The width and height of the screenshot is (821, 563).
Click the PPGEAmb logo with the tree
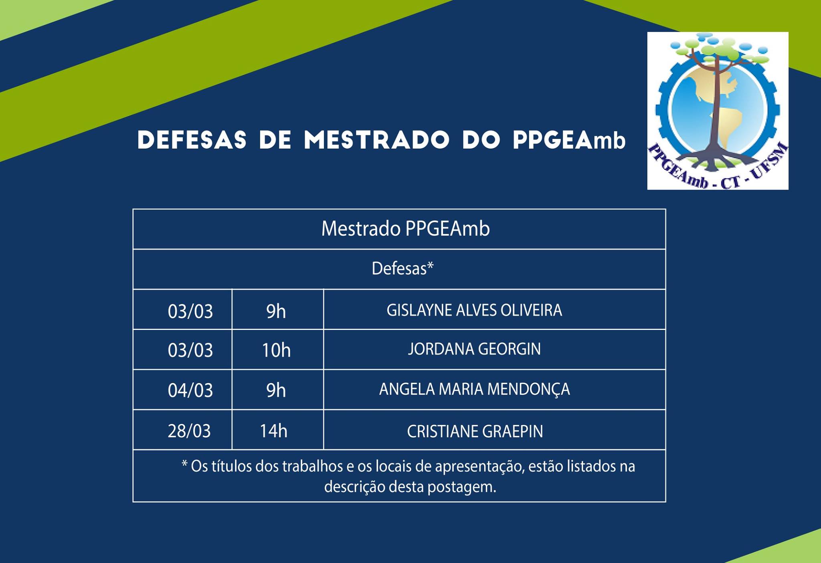pos(718,111)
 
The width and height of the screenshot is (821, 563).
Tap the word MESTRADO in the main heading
pos(376,140)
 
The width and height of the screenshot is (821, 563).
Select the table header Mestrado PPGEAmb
pos(405,229)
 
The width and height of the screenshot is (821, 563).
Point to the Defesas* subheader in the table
pos(402,268)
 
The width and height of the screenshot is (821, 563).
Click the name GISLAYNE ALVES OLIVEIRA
pos(474,310)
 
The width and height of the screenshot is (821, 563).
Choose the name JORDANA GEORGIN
pos(474,349)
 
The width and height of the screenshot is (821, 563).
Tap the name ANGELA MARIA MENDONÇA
pos(474,389)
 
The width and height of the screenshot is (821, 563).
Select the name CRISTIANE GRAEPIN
pos(475,431)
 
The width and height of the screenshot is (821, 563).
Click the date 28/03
pos(189,431)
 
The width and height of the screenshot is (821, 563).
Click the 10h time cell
pos(276,350)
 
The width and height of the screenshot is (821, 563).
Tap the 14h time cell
pos(273,431)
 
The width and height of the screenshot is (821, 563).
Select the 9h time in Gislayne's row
pos(276,312)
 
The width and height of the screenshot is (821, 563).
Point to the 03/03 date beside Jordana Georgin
pos(190,350)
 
